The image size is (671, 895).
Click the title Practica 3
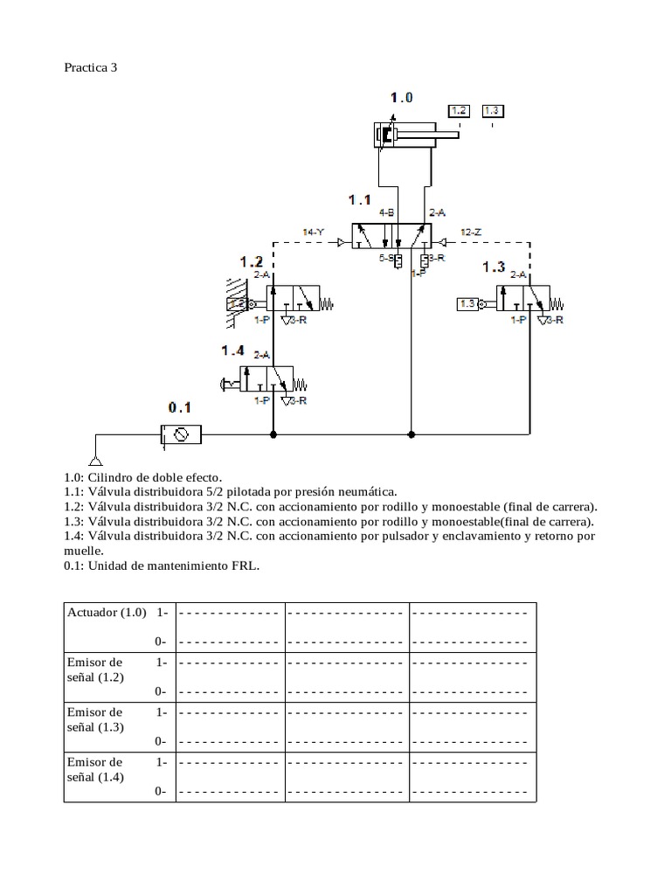[90, 67]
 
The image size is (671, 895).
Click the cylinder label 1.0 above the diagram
[401, 97]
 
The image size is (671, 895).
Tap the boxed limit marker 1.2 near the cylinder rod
[459, 111]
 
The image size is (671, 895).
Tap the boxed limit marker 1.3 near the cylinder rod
[492, 111]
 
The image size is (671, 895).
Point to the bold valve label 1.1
[360, 200]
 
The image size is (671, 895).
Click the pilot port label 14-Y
[313, 232]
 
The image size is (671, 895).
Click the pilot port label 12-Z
[471, 232]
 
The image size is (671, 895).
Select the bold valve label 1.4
[232, 350]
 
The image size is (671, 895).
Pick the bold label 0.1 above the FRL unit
[179, 407]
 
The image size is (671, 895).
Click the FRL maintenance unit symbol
[181, 434]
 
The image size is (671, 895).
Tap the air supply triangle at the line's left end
[95, 461]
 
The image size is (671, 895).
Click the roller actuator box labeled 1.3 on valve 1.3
[467, 304]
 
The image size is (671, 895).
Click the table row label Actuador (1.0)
[107, 612]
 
